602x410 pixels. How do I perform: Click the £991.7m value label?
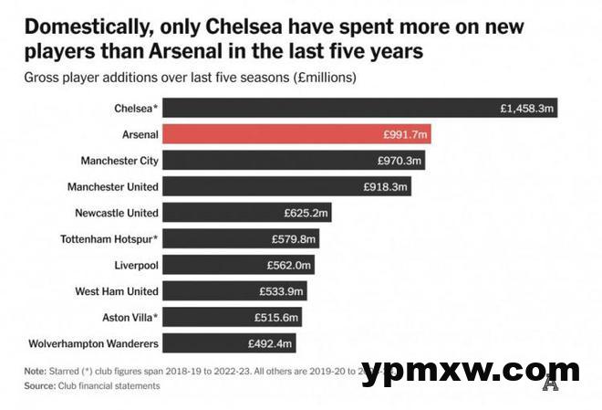(x=405, y=134)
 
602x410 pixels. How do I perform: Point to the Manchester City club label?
(x=113, y=161)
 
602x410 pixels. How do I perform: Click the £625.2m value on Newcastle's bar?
(x=306, y=213)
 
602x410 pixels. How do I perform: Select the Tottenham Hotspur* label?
(x=113, y=239)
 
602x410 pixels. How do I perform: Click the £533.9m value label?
(x=283, y=291)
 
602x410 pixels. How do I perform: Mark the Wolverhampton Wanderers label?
(x=93, y=344)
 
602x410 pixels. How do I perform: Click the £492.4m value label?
(x=270, y=344)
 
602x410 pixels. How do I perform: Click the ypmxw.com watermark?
(x=471, y=372)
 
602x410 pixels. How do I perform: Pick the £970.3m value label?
(x=400, y=161)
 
